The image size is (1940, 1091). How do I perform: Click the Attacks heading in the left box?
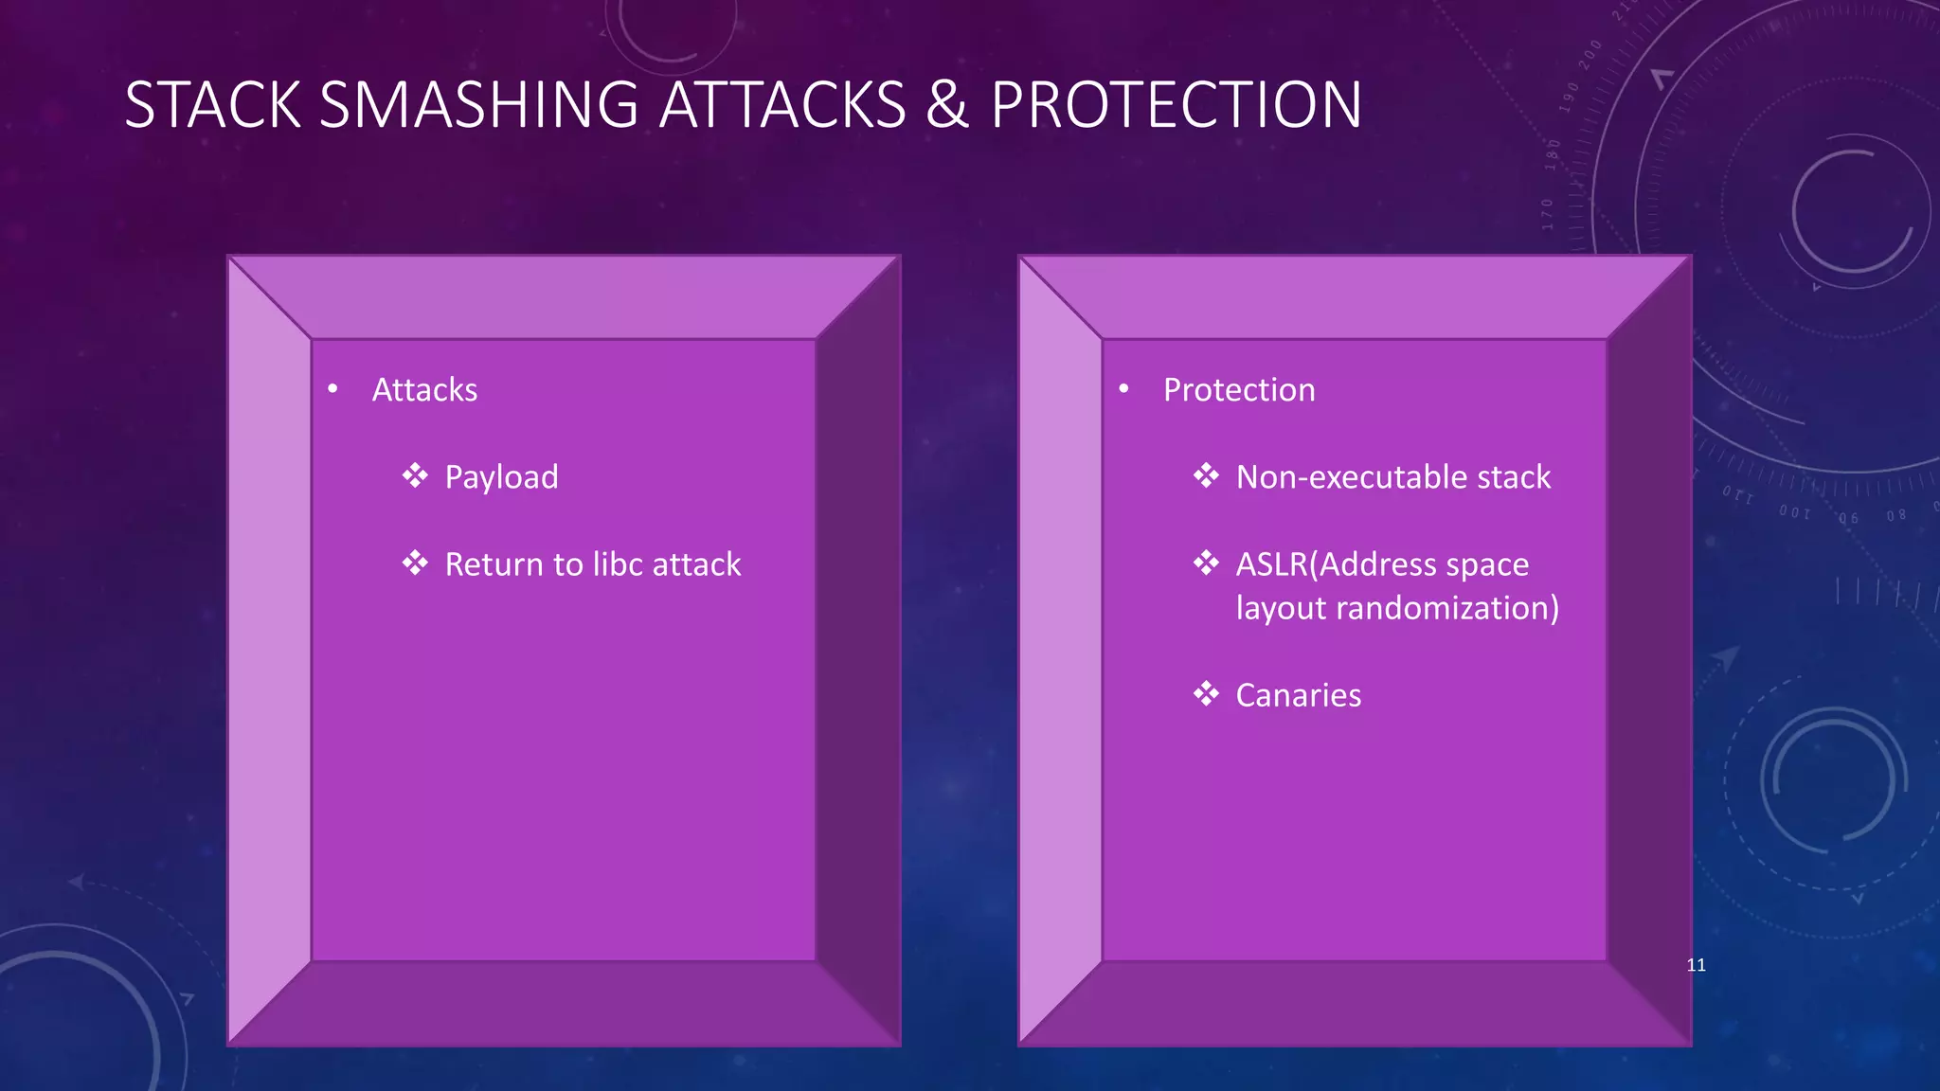(424, 390)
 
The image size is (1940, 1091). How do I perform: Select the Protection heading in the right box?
(1239, 390)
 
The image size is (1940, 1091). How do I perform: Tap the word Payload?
(501, 477)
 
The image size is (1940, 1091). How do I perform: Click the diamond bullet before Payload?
(415, 475)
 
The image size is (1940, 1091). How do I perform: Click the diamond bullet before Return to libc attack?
(415, 563)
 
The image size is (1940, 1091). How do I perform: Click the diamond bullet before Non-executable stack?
(1206, 475)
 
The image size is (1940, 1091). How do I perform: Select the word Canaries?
(1298, 695)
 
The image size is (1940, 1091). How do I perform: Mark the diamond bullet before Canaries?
(1206, 694)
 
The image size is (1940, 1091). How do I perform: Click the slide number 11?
(1696, 965)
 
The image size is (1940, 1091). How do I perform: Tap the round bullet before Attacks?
(332, 389)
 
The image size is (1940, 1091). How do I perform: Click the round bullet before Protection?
(1123, 389)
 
